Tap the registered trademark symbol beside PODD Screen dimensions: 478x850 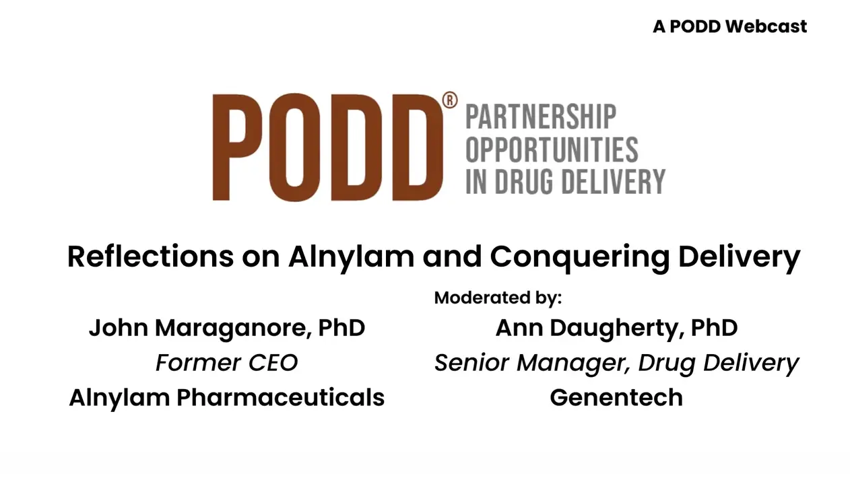[450, 101]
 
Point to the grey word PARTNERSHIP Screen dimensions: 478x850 [541, 117]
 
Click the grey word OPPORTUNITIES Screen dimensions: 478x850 [552, 149]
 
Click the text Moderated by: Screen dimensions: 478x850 [498, 298]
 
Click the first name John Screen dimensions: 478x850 [119, 328]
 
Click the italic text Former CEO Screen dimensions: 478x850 [226, 363]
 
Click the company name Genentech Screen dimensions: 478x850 [616, 397]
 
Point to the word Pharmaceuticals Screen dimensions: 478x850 [280, 397]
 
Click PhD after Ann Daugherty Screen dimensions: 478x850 [714, 328]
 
